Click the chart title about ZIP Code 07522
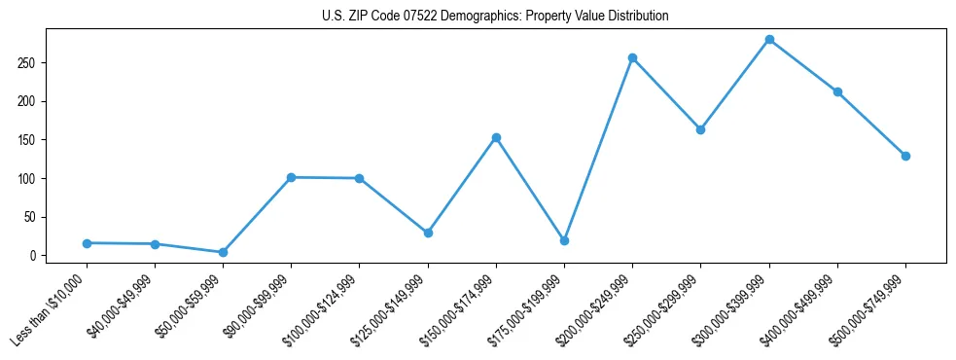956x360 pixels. click(x=495, y=17)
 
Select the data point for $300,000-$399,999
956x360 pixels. click(x=769, y=40)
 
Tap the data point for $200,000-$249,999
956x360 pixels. click(x=632, y=58)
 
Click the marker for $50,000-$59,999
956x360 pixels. click(x=223, y=252)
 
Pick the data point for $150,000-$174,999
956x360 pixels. click(x=496, y=137)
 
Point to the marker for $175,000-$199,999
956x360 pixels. click(x=564, y=240)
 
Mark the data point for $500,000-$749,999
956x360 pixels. click(x=905, y=156)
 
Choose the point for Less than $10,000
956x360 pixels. click(x=87, y=242)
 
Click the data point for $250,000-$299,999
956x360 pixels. click(x=700, y=129)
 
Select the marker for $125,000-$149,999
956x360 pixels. click(x=427, y=233)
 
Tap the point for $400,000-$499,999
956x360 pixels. click(x=837, y=91)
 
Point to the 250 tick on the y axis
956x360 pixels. click(x=40, y=63)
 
